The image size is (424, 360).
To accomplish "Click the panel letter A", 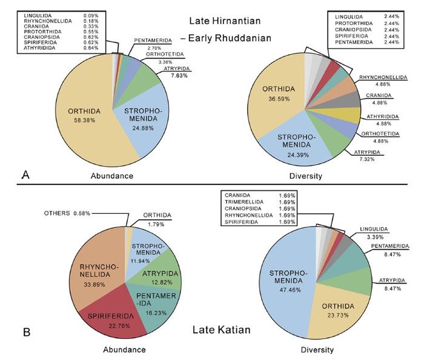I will click(x=25, y=175).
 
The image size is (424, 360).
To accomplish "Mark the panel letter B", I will click(x=25, y=333).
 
